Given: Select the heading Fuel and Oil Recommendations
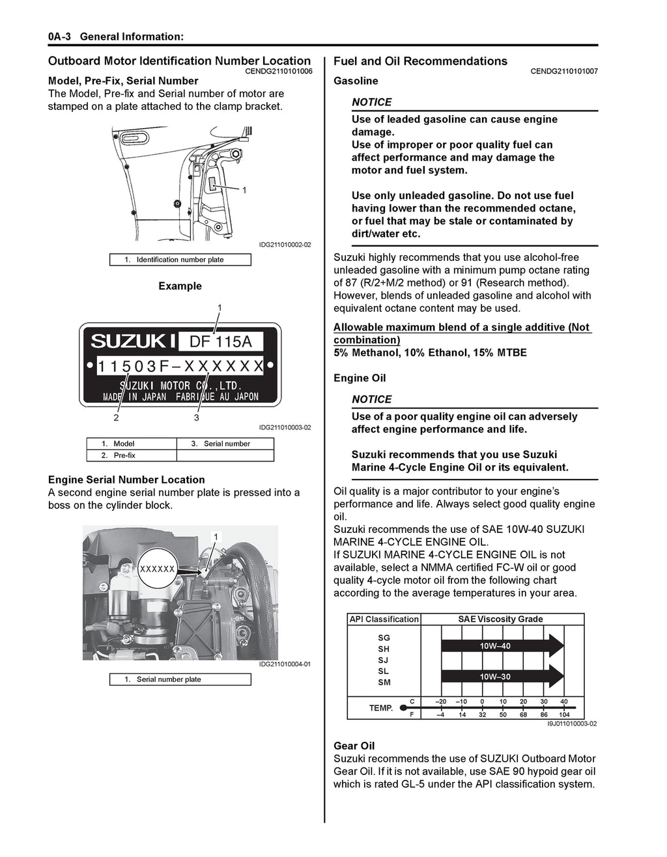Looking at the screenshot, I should tap(420, 61).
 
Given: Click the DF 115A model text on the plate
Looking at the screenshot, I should tap(220, 341).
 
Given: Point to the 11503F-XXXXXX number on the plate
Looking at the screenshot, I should tap(180, 366).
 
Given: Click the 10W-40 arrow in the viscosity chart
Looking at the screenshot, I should tap(502, 646).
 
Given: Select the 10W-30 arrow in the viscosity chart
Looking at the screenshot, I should tap(502, 677).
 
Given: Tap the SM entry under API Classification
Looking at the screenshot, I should tap(384, 682).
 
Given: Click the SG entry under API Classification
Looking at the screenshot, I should tap(384, 638).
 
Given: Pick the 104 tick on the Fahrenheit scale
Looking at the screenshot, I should tap(564, 714).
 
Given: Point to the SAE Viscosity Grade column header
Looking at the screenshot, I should tap(500, 619).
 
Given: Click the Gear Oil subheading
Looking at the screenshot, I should tap(354, 746).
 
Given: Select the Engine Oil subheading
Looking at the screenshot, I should tap(360, 378).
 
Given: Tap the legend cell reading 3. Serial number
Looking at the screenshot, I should tap(225, 444).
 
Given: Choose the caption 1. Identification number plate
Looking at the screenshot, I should tap(180, 260).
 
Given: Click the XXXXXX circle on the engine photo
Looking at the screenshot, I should tap(158, 569).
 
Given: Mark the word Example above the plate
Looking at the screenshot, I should tap(180, 286).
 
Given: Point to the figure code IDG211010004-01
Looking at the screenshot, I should tap(284, 664).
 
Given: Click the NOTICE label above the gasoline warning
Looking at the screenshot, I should tap(371, 102).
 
